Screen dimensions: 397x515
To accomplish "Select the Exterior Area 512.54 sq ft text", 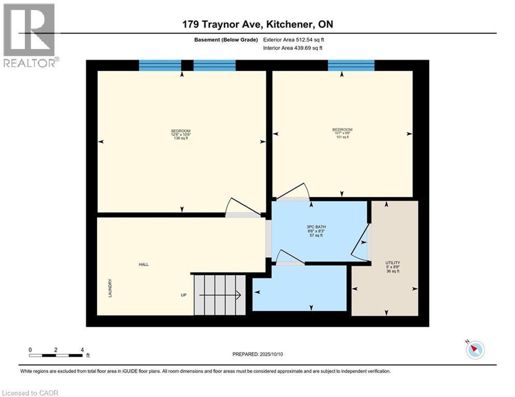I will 293,39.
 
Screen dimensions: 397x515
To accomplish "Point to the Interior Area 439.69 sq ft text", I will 293,48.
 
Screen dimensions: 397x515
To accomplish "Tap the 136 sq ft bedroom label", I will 181,134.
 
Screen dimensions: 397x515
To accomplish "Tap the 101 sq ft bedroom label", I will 342,133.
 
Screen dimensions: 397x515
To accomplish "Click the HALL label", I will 143,264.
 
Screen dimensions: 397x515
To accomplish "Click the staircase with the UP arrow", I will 219,295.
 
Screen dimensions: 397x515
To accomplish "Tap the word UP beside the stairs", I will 183,295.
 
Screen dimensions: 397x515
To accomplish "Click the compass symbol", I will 475,350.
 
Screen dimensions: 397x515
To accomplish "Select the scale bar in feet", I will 56,355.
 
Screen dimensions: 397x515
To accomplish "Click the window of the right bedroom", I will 351,65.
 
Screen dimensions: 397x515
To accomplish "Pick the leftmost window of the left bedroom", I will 160,65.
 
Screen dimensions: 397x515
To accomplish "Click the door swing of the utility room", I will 361,242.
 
